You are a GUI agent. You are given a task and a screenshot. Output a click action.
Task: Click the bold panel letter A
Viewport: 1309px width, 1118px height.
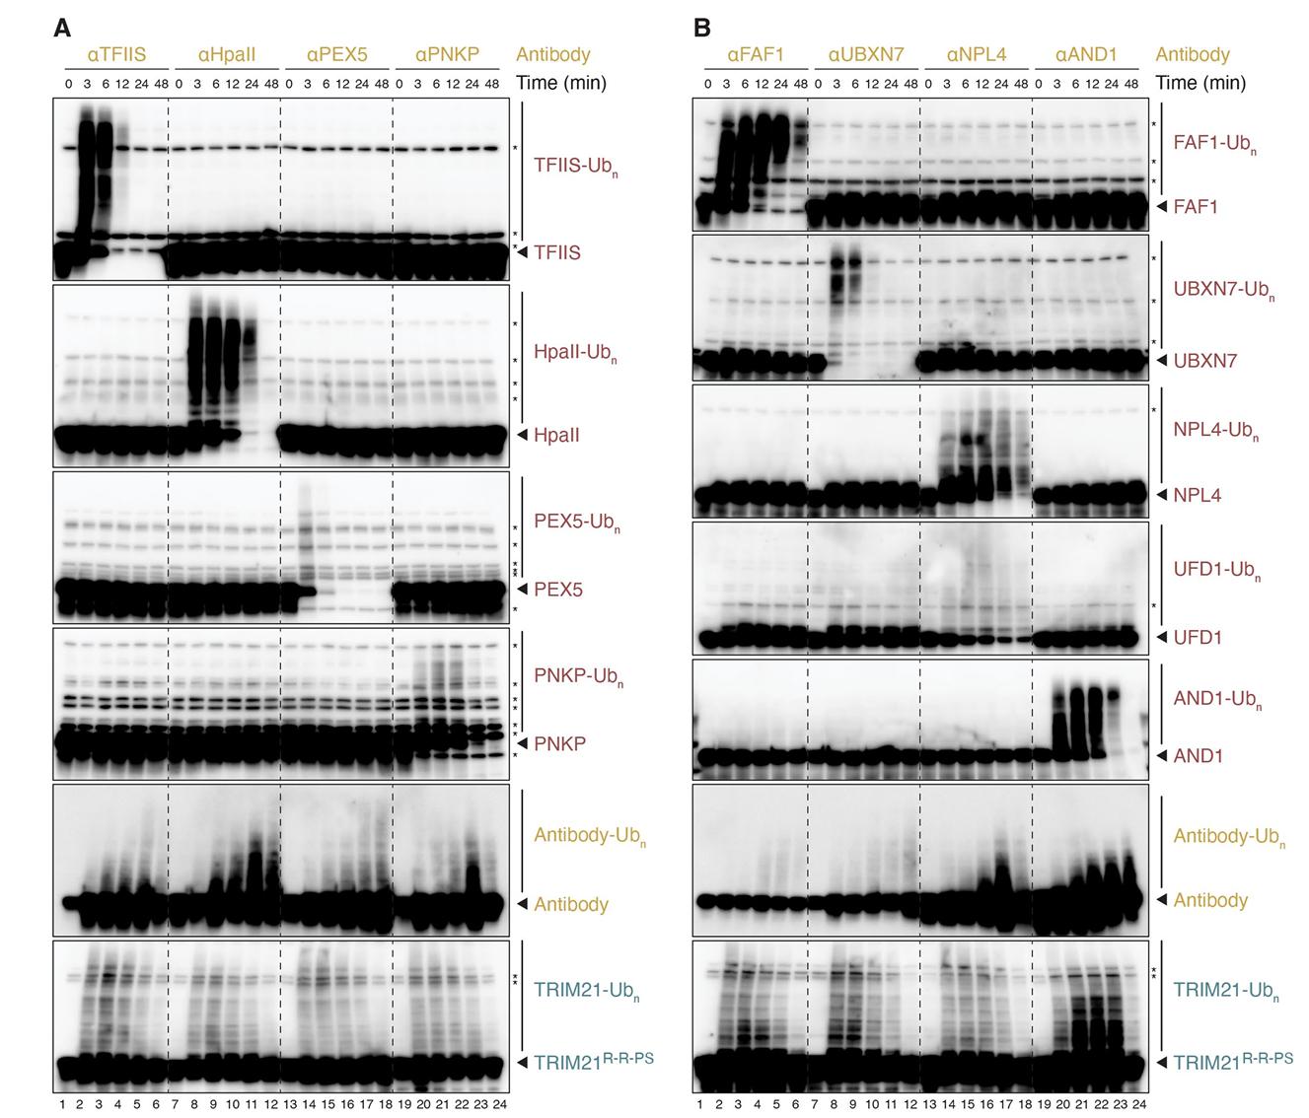61,28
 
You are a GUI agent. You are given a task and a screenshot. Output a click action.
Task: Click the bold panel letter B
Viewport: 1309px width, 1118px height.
701,28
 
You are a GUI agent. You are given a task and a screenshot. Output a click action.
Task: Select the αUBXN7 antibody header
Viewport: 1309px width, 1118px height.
865,54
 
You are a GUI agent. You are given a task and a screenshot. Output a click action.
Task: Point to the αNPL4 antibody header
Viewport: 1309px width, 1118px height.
976,54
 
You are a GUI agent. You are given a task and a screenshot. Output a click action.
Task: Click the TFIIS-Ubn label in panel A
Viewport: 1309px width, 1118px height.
575,166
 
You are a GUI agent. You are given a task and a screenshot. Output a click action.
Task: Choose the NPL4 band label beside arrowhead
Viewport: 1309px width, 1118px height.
1197,495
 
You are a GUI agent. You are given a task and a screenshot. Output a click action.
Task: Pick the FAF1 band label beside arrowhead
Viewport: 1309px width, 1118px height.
1196,207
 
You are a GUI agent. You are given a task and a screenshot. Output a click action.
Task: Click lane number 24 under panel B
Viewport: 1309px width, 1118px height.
1139,1103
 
